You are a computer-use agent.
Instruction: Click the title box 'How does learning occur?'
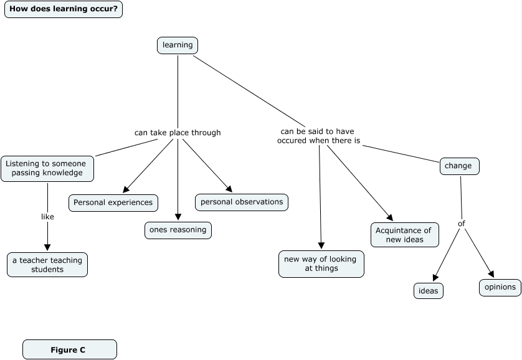coord(64,9)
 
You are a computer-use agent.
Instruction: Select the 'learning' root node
coord(178,45)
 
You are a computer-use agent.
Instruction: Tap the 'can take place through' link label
coord(178,133)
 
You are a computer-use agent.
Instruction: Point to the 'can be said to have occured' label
coord(319,136)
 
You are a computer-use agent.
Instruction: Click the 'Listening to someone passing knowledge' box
coord(47,168)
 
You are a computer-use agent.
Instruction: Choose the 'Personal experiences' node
coord(113,202)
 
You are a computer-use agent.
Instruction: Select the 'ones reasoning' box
coord(178,230)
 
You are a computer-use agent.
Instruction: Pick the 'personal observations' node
coord(242,202)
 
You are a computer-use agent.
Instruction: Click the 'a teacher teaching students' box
coord(47,265)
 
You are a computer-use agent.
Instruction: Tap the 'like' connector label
coord(47,217)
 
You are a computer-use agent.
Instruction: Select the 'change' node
coord(460,166)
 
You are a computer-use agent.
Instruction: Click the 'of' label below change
coord(462,224)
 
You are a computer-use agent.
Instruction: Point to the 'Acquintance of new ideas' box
coord(404,235)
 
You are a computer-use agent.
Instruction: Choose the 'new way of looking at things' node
coord(321,263)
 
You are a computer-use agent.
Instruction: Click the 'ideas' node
coord(429,291)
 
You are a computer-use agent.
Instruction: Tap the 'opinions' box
coord(500,287)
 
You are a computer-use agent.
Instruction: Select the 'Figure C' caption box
coord(69,350)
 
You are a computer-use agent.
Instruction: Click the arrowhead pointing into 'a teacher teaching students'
coord(47,248)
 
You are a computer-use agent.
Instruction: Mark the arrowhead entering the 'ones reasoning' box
coord(178,217)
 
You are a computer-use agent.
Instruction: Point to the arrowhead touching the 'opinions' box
coord(491,274)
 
